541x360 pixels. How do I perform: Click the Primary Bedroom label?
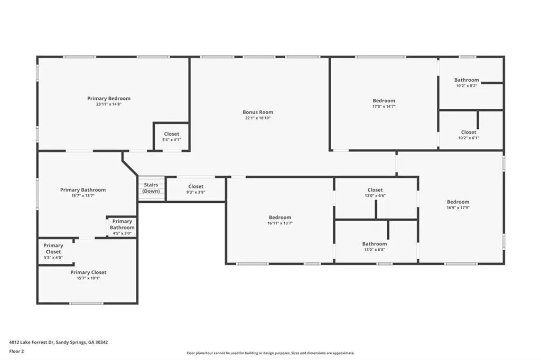(x=109, y=99)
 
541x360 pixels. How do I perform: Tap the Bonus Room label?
(x=258, y=112)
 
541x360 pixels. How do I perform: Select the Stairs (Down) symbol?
(x=151, y=188)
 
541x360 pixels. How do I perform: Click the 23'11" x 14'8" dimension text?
(x=109, y=105)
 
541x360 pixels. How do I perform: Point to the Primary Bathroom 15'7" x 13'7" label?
(x=83, y=193)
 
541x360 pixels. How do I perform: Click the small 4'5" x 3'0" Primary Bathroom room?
(x=122, y=228)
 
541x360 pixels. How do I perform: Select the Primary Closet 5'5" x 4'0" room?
(x=53, y=251)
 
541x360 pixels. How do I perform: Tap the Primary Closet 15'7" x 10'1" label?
(x=88, y=275)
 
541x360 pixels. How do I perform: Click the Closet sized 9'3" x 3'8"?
(x=195, y=189)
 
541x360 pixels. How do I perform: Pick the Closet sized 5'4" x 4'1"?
(x=171, y=137)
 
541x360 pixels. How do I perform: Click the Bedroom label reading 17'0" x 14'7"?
(x=384, y=103)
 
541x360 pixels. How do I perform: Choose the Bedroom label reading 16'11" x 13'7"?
(x=279, y=220)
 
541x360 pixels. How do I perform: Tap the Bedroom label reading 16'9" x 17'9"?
(x=458, y=205)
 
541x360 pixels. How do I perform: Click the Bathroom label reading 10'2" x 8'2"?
(x=467, y=82)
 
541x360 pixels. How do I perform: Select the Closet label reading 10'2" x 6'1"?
(x=468, y=135)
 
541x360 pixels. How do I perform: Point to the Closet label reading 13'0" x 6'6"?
(x=375, y=193)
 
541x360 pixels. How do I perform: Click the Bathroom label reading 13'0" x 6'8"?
(x=375, y=247)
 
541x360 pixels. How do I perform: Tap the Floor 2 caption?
(x=16, y=351)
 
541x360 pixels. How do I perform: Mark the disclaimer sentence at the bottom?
(x=270, y=353)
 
